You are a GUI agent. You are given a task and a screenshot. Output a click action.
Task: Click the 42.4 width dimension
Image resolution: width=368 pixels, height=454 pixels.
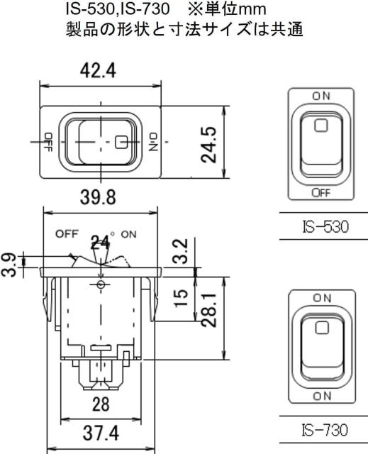pyautogui.click(x=98, y=71)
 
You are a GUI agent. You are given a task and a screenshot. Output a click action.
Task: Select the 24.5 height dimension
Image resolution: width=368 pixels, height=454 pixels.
pyautogui.click(x=208, y=145)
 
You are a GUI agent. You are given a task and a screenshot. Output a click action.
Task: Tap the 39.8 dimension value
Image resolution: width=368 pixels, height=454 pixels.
pyautogui.click(x=98, y=197)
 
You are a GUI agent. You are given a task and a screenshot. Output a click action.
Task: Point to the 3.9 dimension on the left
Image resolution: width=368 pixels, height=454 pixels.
pyautogui.click(x=8, y=265)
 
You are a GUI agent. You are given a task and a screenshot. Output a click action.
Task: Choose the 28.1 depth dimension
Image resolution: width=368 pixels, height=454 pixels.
pyautogui.click(x=209, y=310)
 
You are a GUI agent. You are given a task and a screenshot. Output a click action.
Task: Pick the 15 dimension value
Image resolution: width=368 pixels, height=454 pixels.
pyautogui.click(x=181, y=298)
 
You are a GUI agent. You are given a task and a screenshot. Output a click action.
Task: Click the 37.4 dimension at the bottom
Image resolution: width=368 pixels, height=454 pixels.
pyautogui.click(x=101, y=433)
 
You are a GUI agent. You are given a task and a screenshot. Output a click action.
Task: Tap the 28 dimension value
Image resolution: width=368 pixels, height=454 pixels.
pyautogui.click(x=101, y=404)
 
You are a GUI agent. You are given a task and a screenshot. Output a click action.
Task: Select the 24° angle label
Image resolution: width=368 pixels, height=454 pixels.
pyautogui.click(x=101, y=243)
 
